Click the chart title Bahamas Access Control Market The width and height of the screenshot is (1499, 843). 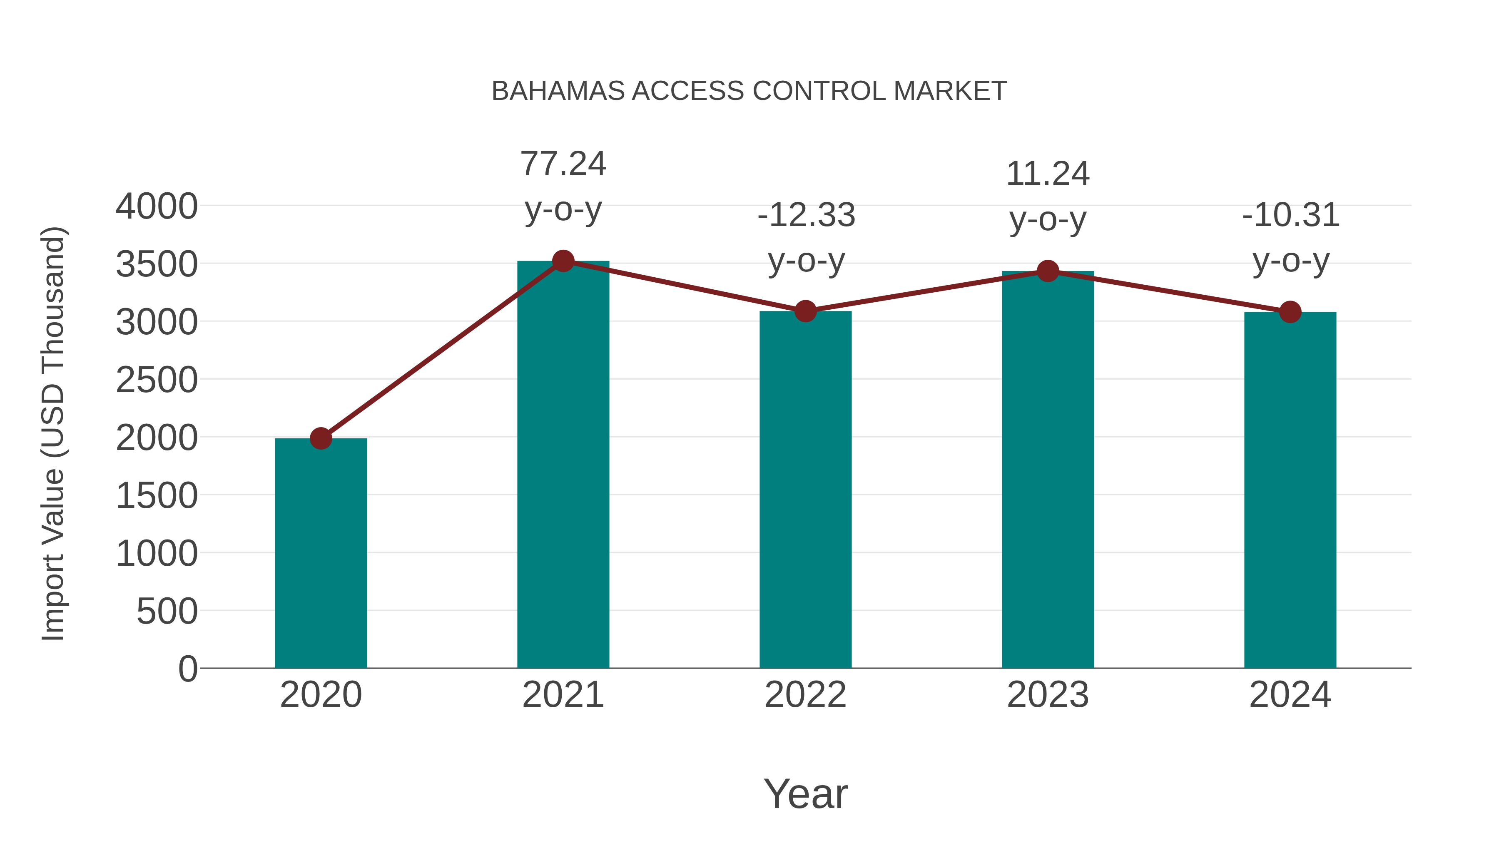749,91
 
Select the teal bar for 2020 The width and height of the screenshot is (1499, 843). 321,553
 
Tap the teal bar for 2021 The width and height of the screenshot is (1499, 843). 563,465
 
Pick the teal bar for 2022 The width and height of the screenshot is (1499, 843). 805,489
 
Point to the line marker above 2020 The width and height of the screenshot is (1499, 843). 321,438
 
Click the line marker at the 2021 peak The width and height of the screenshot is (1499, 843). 563,261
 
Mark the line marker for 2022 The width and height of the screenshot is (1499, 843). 805,311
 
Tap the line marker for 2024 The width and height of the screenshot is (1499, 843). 1290,312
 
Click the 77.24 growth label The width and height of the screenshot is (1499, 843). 563,164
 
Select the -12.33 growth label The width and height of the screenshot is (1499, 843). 806,215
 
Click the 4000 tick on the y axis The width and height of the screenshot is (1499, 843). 157,206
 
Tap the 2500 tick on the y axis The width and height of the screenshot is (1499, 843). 157,380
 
